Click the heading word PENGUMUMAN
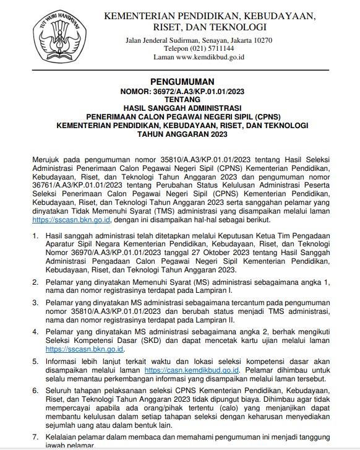pos(182,82)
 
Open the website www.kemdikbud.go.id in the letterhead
pos(211,57)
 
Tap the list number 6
pos(36,391)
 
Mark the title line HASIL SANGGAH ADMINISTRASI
pos(182,108)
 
